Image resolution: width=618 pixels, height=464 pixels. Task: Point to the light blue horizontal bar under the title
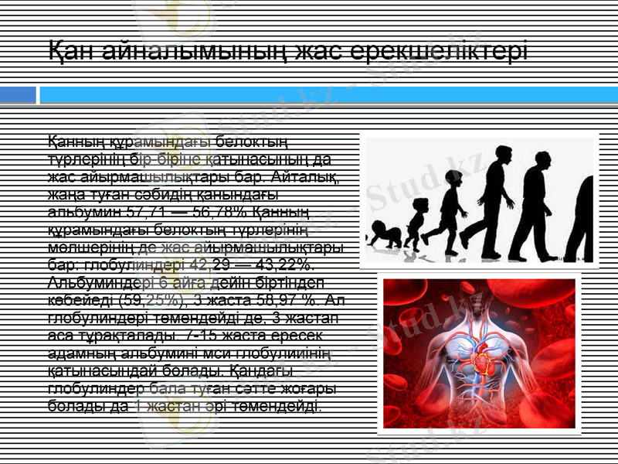coord(324,95)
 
